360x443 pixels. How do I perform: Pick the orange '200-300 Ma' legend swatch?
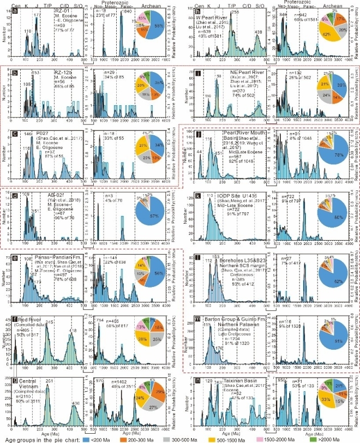142,436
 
